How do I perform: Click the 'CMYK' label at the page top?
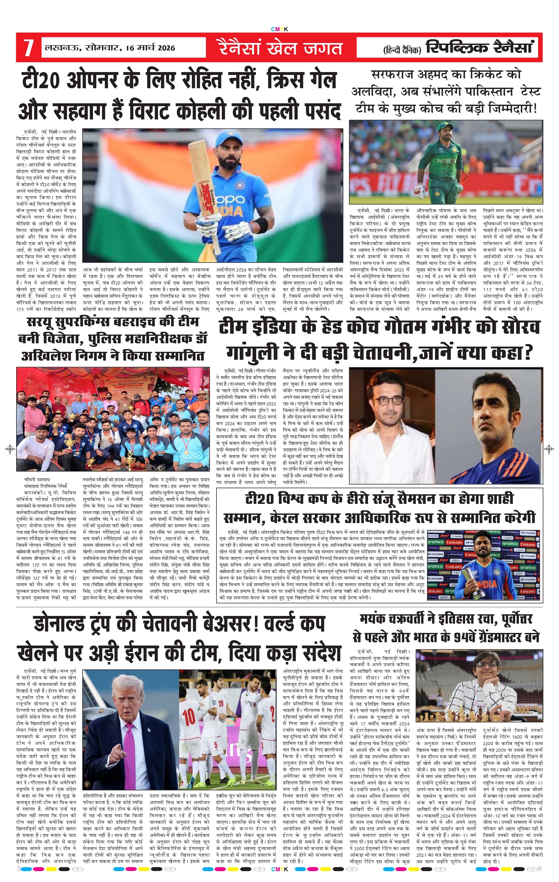[x=279, y=29]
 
